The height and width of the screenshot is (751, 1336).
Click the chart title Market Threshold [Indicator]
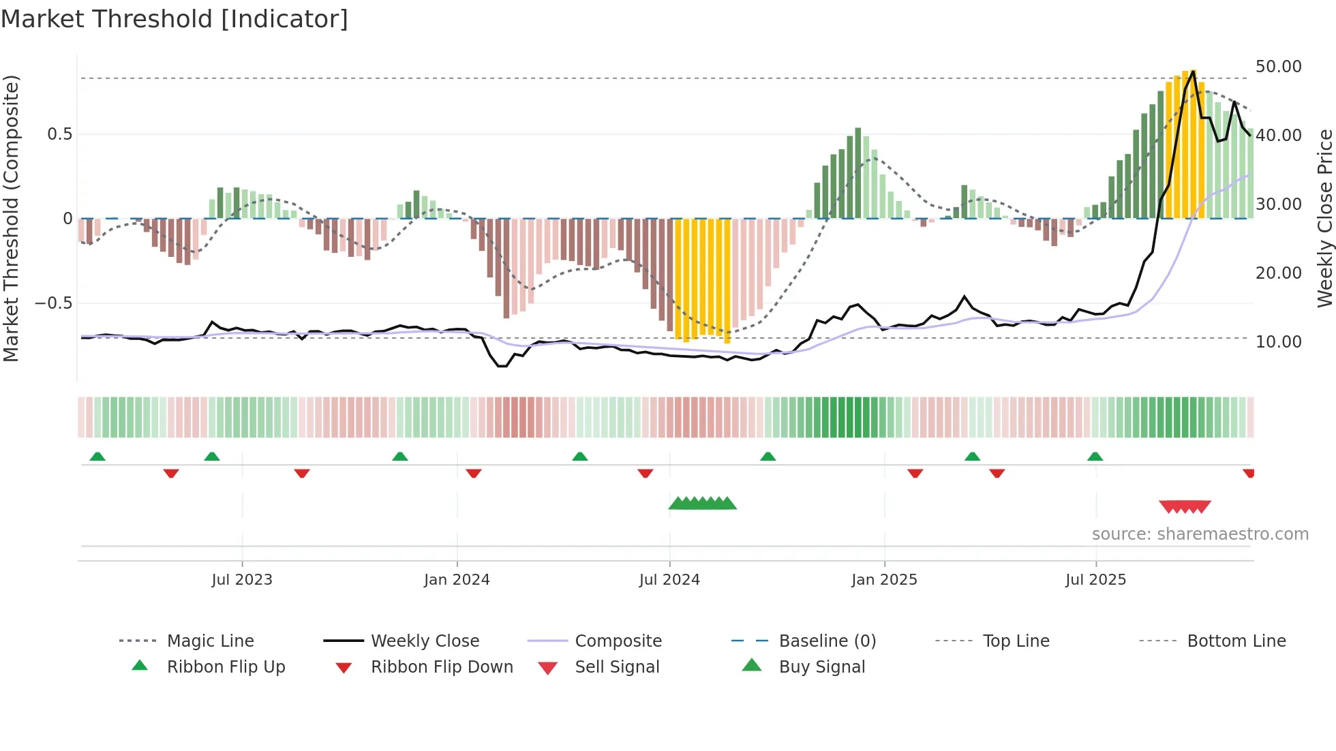(174, 19)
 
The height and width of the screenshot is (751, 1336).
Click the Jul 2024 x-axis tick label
(669, 580)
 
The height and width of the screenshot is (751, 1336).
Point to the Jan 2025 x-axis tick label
(884, 580)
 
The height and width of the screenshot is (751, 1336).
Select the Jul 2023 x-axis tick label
(242, 580)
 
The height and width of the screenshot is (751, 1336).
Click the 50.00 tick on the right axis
(1278, 67)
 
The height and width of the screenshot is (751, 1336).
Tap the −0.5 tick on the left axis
(53, 303)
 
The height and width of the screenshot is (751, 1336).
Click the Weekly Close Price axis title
(1324, 218)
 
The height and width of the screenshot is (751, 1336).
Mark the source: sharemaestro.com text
(1200, 534)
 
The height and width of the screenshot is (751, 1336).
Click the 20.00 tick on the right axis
(1278, 273)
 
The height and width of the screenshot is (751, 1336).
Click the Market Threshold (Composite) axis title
(11, 218)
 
